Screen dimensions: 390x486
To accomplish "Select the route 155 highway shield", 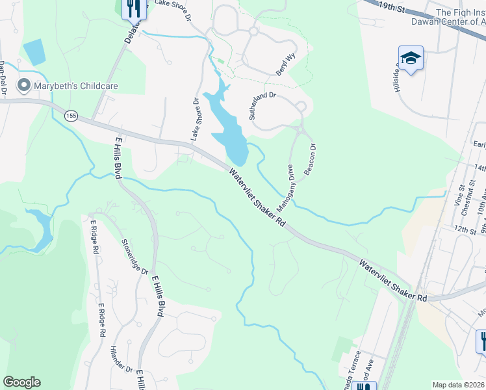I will pyautogui.click(x=71, y=115).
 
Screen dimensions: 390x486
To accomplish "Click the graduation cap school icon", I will pyautogui.click(x=411, y=59).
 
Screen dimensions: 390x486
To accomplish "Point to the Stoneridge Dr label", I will pyautogui.click(x=135, y=257).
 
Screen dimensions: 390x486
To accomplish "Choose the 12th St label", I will pyautogui.click(x=465, y=230).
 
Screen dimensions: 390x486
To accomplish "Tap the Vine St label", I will pyautogui.click(x=460, y=197).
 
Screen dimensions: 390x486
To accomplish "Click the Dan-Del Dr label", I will pyautogui.click(x=3, y=78).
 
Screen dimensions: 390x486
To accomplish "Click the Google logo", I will pyautogui.click(x=21, y=382).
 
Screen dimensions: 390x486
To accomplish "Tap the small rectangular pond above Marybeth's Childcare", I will pyautogui.click(x=34, y=52).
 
